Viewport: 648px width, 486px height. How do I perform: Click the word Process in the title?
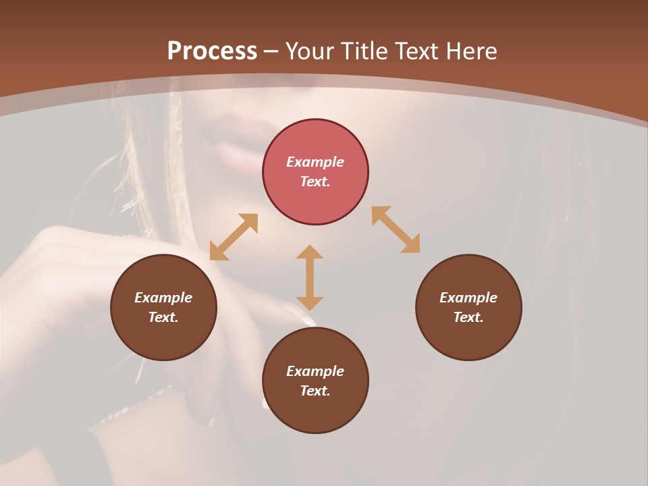coord(212,51)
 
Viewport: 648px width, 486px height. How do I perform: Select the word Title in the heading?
coord(364,51)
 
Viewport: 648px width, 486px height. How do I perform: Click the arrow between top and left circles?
coord(234,237)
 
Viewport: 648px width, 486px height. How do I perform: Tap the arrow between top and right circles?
coord(396,230)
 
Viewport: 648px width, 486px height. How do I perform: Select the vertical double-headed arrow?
coord(310,277)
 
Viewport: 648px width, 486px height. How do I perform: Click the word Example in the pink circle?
coord(315,162)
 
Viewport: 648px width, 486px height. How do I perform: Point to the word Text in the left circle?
coord(163,317)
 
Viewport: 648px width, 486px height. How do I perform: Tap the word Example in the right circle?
coord(468,298)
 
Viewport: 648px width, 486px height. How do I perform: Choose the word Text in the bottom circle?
coord(315,391)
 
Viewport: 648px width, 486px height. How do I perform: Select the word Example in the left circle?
coord(163,298)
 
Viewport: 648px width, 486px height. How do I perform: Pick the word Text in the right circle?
coord(468,317)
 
